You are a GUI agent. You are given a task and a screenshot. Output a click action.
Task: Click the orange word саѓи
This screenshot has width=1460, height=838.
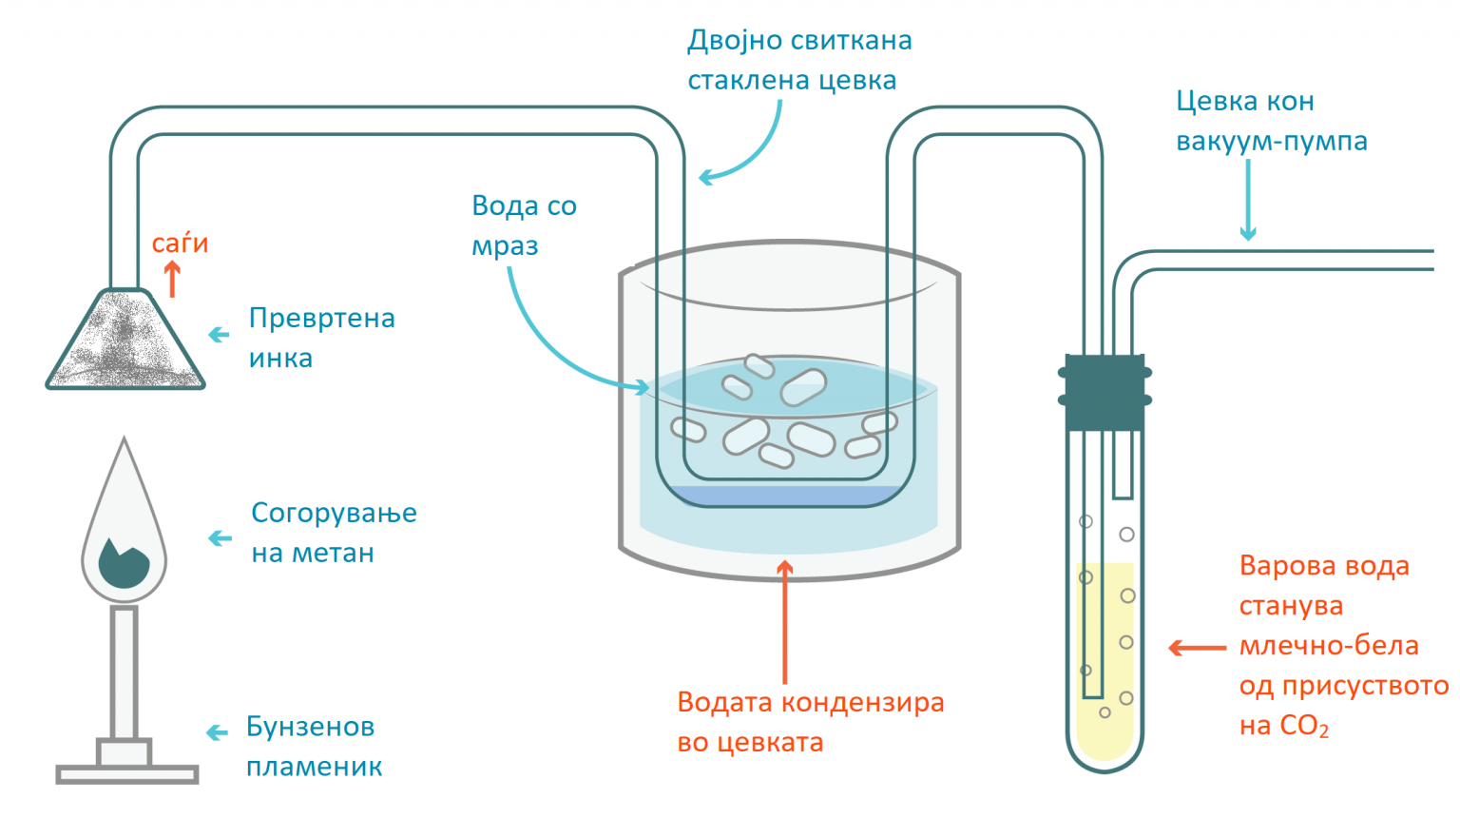point(180,244)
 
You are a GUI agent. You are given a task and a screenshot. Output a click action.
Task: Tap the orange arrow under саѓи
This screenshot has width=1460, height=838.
point(172,280)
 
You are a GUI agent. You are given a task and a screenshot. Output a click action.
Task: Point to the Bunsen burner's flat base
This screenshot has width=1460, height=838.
point(127,774)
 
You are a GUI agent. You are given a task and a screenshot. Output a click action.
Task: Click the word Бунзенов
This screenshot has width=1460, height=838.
point(310,727)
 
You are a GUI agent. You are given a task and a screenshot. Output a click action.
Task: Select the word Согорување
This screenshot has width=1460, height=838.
point(334,514)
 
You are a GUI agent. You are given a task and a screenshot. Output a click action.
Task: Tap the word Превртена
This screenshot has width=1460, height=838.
point(321,319)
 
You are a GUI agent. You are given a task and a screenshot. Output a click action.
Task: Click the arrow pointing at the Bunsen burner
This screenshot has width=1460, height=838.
point(218,732)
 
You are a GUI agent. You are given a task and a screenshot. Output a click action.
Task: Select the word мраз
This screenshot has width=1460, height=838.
point(505,246)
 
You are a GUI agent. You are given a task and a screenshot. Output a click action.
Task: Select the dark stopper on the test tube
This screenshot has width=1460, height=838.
point(1104,392)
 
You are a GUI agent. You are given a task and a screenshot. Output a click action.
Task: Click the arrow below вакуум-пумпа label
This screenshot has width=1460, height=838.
point(1248,200)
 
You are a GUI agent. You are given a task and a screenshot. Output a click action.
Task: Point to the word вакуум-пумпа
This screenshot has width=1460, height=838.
point(1272,142)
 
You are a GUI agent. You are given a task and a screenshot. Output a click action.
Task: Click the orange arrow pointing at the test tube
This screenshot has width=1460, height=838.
point(1197,648)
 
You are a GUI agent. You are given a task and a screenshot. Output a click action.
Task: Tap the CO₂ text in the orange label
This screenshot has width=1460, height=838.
point(1303,727)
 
